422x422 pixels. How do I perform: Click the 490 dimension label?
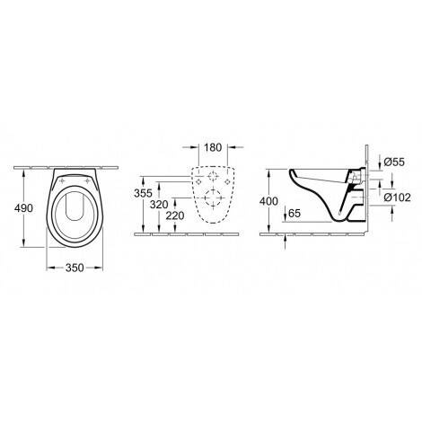(x=23, y=208)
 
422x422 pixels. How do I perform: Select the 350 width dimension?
(x=75, y=268)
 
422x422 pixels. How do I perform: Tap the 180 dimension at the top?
(x=213, y=147)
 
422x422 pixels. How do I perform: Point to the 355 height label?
(x=143, y=193)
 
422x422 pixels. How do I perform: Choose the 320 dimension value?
(x=159, y=205)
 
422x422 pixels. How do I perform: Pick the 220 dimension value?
(x=175, y=215)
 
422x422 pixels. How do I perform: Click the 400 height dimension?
(x=268, y=201)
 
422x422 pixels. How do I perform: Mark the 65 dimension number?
(x=295, y=214)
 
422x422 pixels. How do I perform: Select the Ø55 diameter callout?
(x=394, y=162)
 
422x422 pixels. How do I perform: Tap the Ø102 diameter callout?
(x=398, y=198)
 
